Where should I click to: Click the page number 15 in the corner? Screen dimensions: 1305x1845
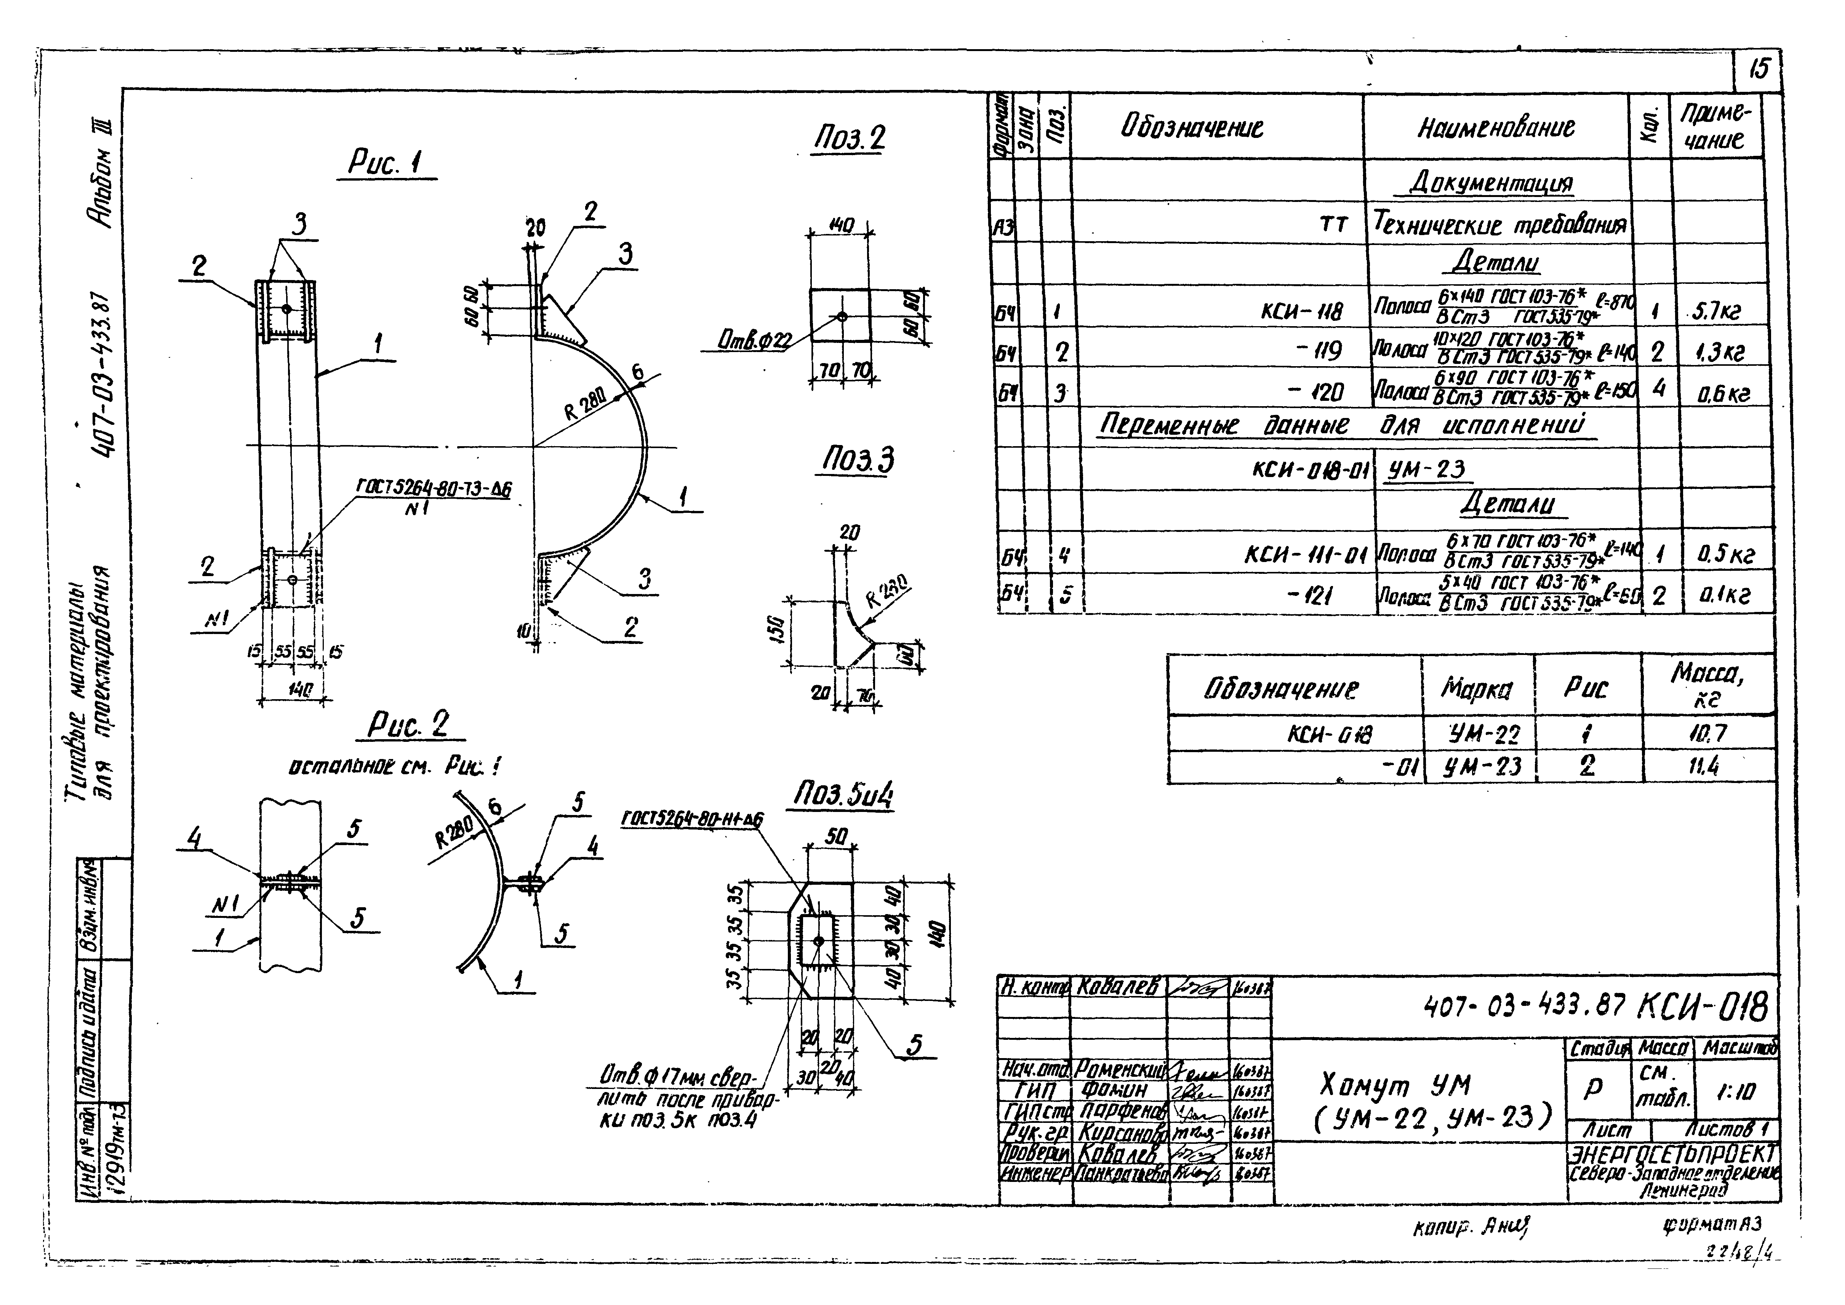(1758, 70)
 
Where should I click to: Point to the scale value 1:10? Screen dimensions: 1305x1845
(1736, 1090)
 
